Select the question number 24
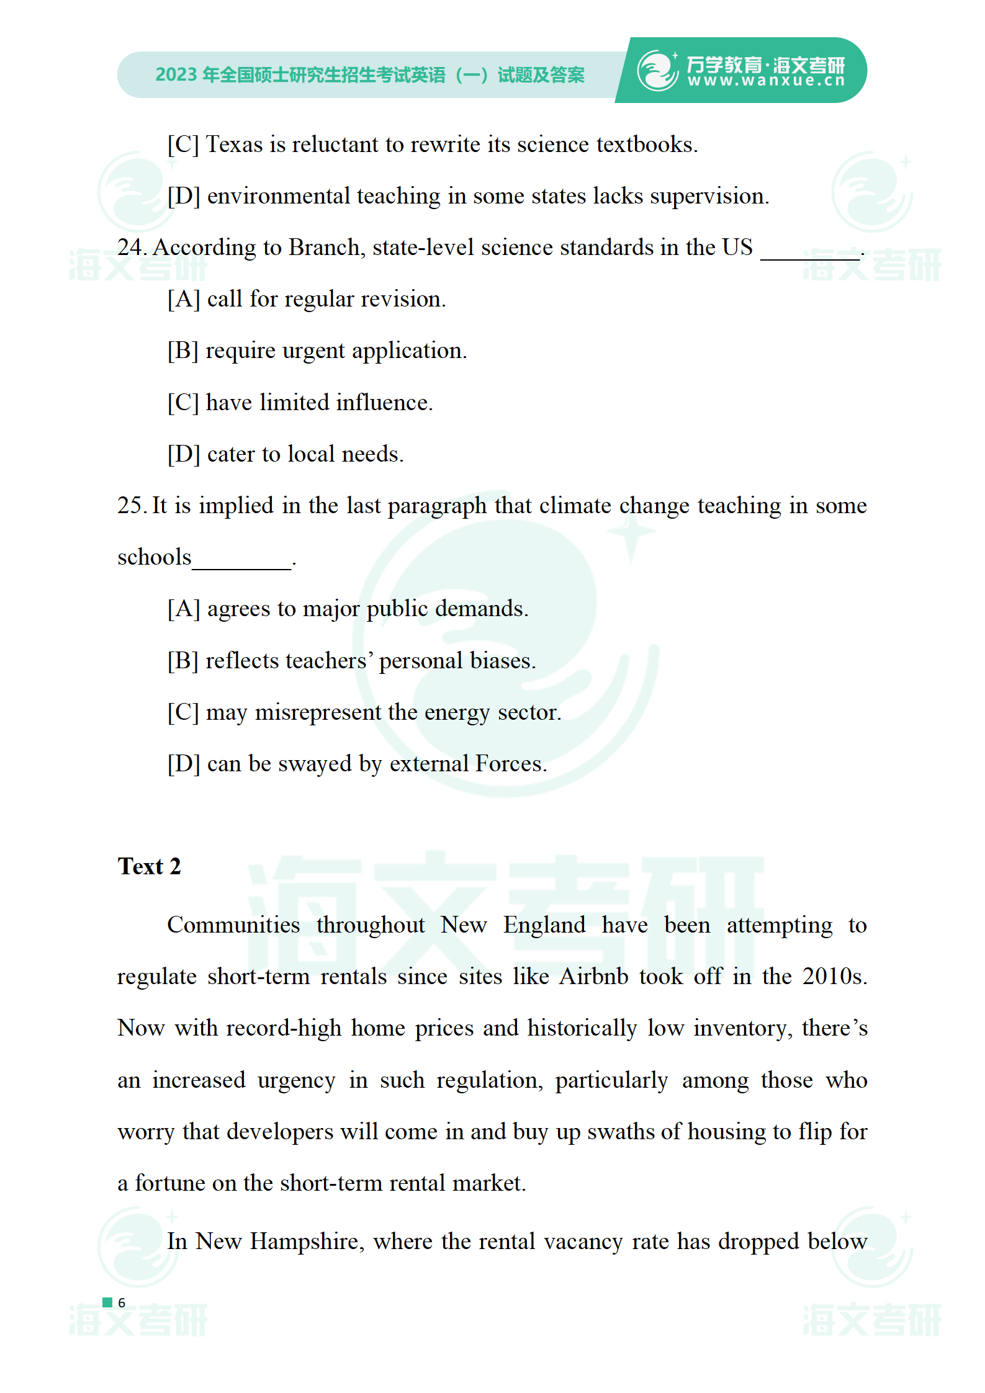coord(130,248)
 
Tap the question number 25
coord(130,506)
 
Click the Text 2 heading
coord(149,866)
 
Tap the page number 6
coord(122,1303)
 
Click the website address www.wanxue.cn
coord(766,81)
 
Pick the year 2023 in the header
coord(176,75)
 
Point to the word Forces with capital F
coord(510,764)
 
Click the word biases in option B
coord(501,661)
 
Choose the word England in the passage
coord(544,925)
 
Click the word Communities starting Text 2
coord(233,925)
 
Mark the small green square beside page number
coord(107,1302)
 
